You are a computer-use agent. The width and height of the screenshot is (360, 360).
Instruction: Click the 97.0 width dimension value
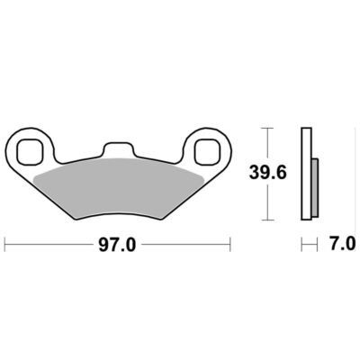tap(117, 246)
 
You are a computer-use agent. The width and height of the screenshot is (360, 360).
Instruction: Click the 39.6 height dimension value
tap(268, 173)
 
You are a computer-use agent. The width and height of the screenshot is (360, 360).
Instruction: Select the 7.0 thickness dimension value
tap(343, 245)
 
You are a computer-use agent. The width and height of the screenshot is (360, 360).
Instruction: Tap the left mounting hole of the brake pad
tap(29, 151)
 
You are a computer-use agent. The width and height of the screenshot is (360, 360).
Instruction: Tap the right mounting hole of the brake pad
tap(207, 151)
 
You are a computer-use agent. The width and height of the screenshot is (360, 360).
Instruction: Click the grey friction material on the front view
tap(119, 187)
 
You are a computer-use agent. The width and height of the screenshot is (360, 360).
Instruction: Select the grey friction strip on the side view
tap(315, 188)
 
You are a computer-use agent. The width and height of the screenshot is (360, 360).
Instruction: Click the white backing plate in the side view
tap(306, 174)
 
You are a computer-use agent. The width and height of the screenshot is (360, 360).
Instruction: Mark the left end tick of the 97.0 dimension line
tap(5, 245)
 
